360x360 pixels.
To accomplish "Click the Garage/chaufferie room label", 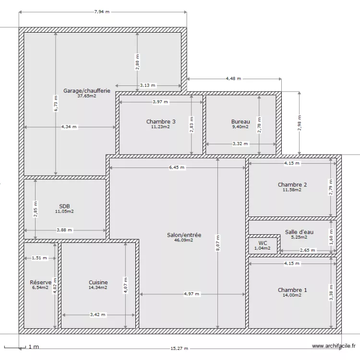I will pos(87,91).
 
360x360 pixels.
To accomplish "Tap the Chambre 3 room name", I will pos(161,121).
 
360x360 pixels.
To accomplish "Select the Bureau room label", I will pos(240,121).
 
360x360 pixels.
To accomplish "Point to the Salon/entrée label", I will pos(184,235).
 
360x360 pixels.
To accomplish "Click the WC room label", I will pos(263,243).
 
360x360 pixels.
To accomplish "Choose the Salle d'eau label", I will pos(299,232).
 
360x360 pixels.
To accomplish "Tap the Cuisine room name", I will pos(98,282).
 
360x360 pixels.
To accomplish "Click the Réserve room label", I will pos(40,282).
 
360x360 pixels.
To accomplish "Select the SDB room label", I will pos(64,206).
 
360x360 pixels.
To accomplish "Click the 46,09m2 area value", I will pos(184,240).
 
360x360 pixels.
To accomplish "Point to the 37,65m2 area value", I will pos(87,96).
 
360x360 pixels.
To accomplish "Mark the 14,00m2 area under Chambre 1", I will pos(292,295).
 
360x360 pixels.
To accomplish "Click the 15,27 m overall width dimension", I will pos(179,348).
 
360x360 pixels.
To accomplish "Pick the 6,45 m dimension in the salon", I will pos(177,168).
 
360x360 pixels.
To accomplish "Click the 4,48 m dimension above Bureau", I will pos(233,78).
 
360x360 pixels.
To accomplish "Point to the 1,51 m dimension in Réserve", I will pos(39,258).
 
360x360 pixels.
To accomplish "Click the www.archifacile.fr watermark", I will pos(333,346).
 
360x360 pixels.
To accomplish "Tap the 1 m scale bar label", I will pos(33,347).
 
